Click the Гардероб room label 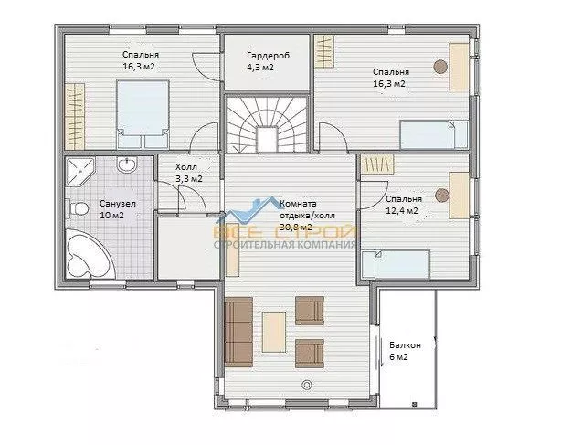tap(268, 56)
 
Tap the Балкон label tap(405, 344)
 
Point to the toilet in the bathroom tap(78, 209)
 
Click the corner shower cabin tap(79, 171)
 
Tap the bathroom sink tap(127, 164)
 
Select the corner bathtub tap(89, 253)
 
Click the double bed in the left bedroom tap(143, 114)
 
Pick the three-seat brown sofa tap(238, 332)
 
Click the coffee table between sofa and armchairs tap(274, 332)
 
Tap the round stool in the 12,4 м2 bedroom tap(442, 196)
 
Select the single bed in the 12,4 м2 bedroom tap(396, 264)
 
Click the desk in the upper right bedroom tap(459, 67)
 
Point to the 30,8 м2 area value tap(296, 227)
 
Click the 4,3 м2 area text tap(260, 68)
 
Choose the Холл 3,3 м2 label tap(188, 173)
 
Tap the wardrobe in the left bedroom tap(75, 116)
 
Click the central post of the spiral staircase tap(268, 140)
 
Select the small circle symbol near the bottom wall tap(307, 385)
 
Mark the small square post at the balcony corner tap(415, 404)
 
